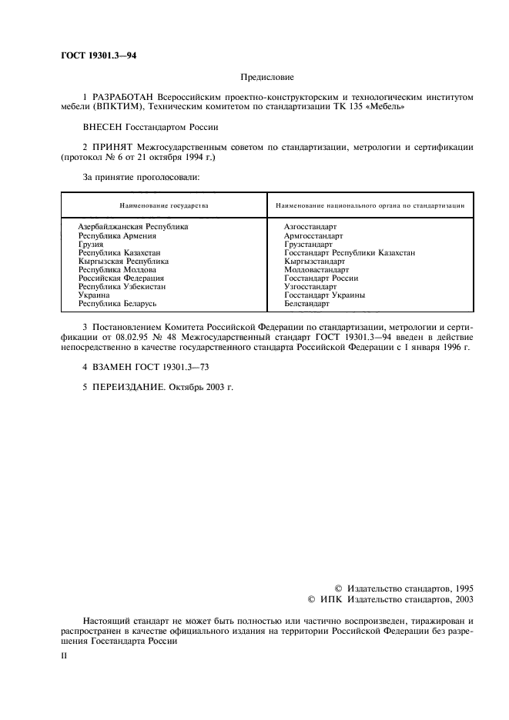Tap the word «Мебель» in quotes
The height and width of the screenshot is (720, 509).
coord(388,107)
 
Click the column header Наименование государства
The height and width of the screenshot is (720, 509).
coord(163,207)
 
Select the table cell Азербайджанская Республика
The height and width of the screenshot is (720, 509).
coord(132,227)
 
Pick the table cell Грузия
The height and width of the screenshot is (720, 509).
coord(91,244)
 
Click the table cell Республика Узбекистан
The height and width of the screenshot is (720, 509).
coord(122,286)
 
